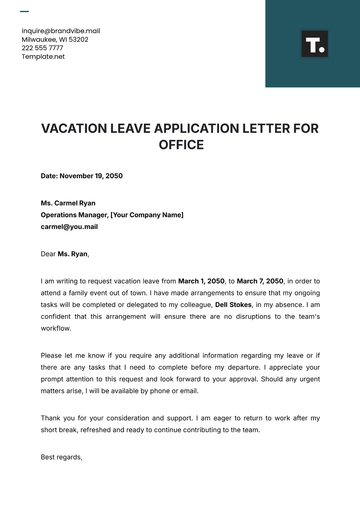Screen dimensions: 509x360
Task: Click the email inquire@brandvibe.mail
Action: (60, 31)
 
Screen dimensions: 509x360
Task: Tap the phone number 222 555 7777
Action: (43, 48)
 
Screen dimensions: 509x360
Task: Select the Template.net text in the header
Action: (43, 57)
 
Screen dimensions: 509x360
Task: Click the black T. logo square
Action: (314, 44)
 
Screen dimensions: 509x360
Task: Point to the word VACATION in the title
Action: (80, 129)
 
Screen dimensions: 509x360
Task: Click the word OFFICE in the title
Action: (180, 145)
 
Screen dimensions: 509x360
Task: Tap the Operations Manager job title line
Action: (112, 214)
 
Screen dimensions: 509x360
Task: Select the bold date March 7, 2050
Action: (258, 282)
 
